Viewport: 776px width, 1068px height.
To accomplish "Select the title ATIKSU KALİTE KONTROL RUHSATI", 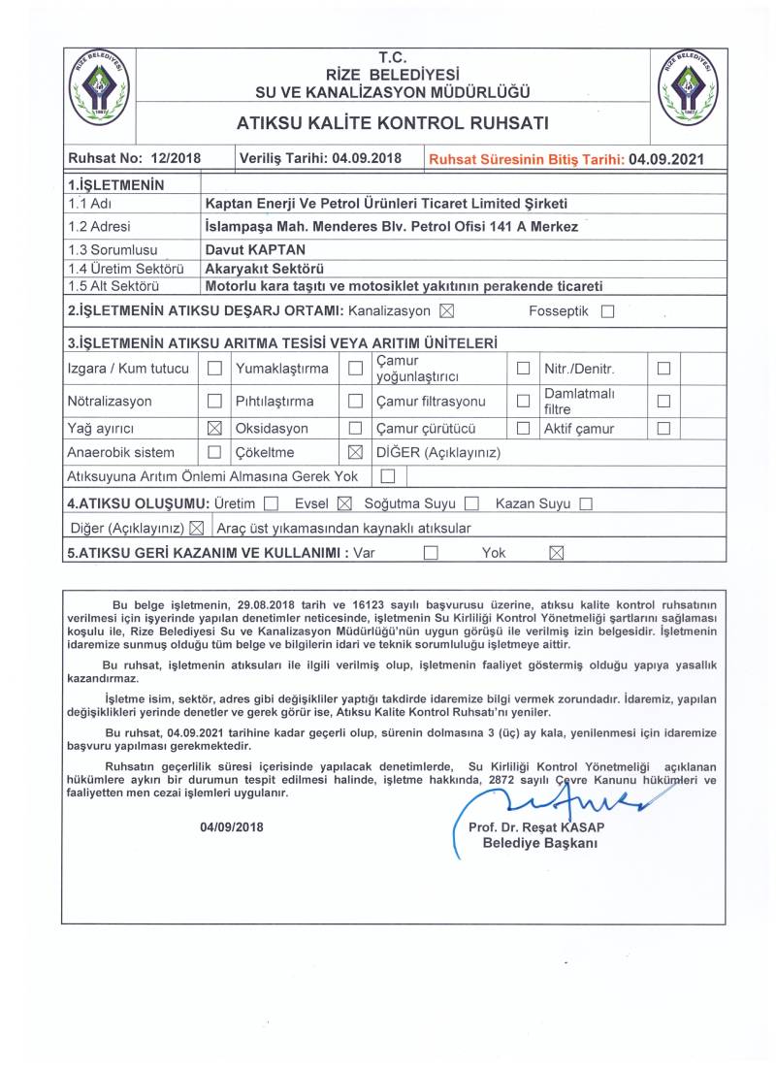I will click(x=392, y=123).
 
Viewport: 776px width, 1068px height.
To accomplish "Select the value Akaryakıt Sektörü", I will click(x=265, y=268).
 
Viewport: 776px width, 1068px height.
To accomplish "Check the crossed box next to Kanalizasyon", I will click(x=446, y=311).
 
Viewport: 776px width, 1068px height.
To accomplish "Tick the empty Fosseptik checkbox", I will click(x=608, y=312).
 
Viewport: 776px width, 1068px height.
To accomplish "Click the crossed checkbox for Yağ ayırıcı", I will click(x=215, y=428).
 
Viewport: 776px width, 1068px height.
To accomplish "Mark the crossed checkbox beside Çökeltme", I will click(x=355, y=453).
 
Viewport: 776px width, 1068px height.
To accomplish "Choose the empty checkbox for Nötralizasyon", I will click(x=215, y=401).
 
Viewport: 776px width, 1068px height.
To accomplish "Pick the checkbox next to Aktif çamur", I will click(x=663, y=428).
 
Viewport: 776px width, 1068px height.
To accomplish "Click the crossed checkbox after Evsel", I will click(x=343, y=503).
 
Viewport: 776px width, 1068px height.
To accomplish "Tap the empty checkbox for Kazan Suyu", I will click(x=586, y=503).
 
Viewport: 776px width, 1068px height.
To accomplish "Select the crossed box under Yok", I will click(x=556, y=553).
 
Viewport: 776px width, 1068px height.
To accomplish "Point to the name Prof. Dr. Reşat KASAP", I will click(x=535, y=827).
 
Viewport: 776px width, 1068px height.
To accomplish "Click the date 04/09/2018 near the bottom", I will click(x=232, y=827).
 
